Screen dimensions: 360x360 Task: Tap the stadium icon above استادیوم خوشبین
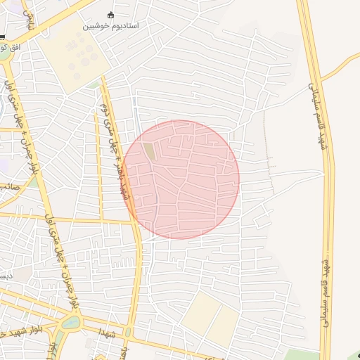coord(110,15)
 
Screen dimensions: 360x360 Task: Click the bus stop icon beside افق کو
coord(2,37)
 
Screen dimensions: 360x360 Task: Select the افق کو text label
coord(13,46)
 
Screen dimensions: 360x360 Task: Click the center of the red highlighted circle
coord(181,179)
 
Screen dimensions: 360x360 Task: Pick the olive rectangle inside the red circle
coord(150,151)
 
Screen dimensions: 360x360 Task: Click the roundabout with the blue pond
coord(70,323)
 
